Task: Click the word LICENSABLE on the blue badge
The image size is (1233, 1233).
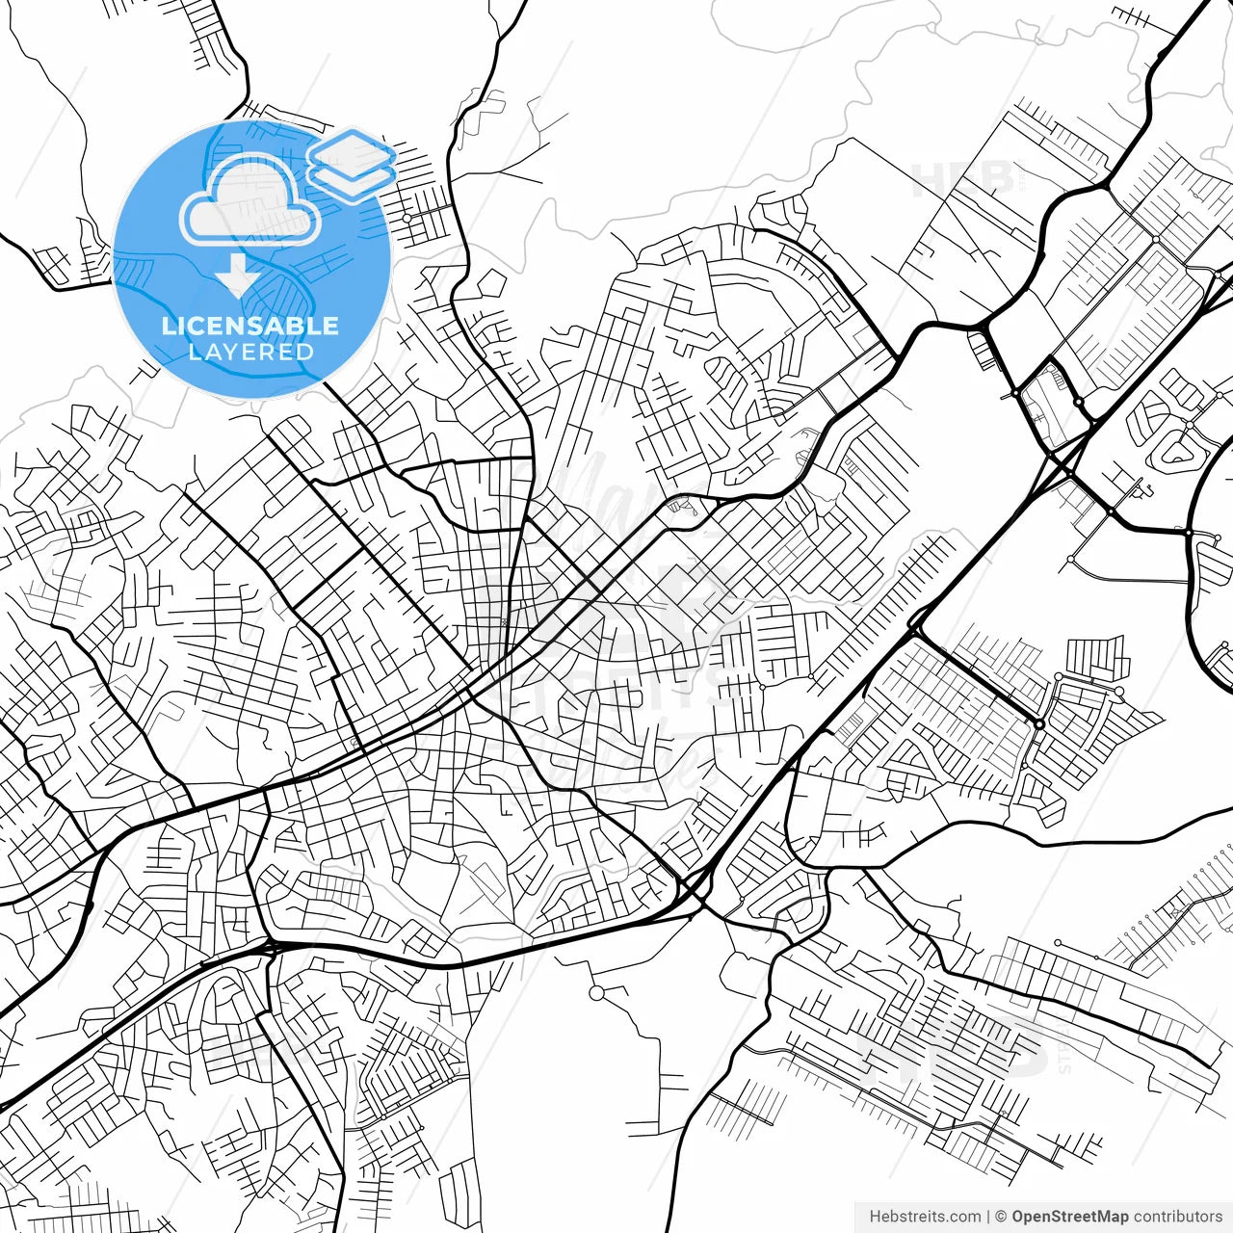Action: pyautogui.click(x=250, y=326)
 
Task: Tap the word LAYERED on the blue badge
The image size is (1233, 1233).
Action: pyautogui.click(x=250, y=352)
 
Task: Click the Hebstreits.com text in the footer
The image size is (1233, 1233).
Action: pyautogui.click(x=925, y=1217)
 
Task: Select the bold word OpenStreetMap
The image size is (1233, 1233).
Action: pyautogui.click(x=1070, y=1217)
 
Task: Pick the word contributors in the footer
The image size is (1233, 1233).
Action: pyautogui.click(x=1178, y=1217)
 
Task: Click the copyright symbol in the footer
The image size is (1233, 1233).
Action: pyautogui.click(x=1001, y=1217)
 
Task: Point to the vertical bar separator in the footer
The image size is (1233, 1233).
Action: pyautogui.click(x=988, y=1217)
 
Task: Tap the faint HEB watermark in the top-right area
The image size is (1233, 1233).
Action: pyautogui.click(x=963, y=179)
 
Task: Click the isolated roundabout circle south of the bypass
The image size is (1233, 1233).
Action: pyautogui.click(x=597, y=992)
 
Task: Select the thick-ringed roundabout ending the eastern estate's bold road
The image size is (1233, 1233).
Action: pyautogui.click(x=1040, y=723)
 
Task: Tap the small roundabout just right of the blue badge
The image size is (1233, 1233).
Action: pyautogui.click(x=407, y=219)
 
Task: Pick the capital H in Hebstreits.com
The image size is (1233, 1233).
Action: pyautogui.click(x=875, y=1217)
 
